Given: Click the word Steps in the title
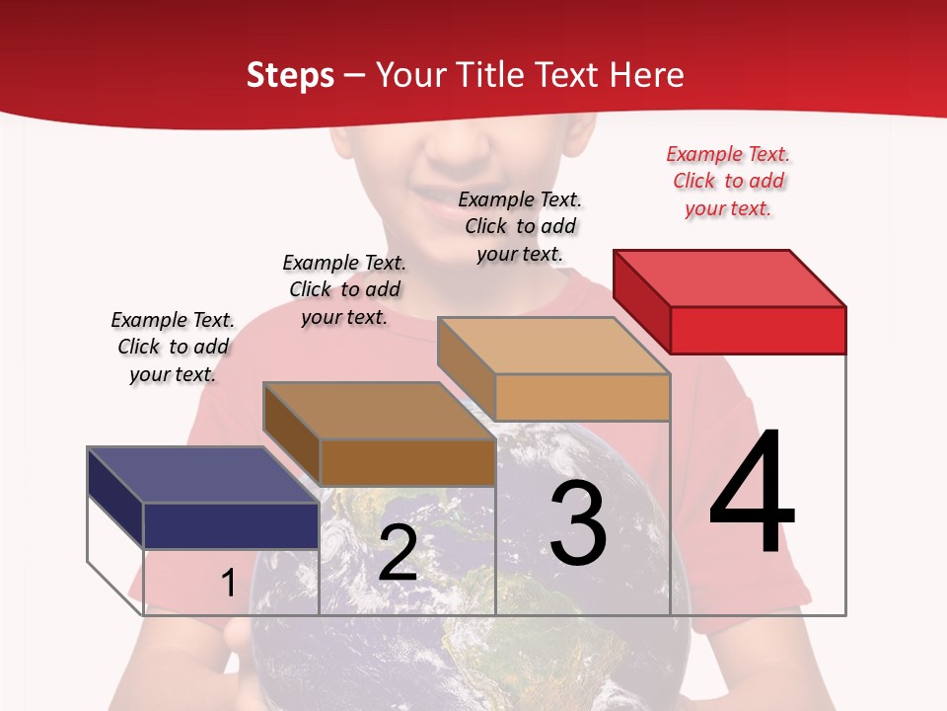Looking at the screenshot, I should [290, 75].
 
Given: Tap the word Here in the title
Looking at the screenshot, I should [646, 75].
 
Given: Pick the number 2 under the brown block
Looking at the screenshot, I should [398, 554].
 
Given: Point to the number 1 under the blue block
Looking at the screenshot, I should [228, 583].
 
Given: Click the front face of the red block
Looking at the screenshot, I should [758, 330].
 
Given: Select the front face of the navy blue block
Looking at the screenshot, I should [231, 525].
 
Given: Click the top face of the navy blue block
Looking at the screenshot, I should [202, 475].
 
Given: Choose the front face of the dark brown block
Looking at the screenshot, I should [407, 462].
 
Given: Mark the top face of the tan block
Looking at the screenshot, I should [552, 346].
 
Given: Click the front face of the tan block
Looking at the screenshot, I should [582, 397].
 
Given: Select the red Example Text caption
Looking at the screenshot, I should [728, 181].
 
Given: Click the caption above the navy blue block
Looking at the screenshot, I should [173, 347].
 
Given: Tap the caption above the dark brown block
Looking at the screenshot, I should [344, 289].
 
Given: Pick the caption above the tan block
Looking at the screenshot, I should [520, 226].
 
